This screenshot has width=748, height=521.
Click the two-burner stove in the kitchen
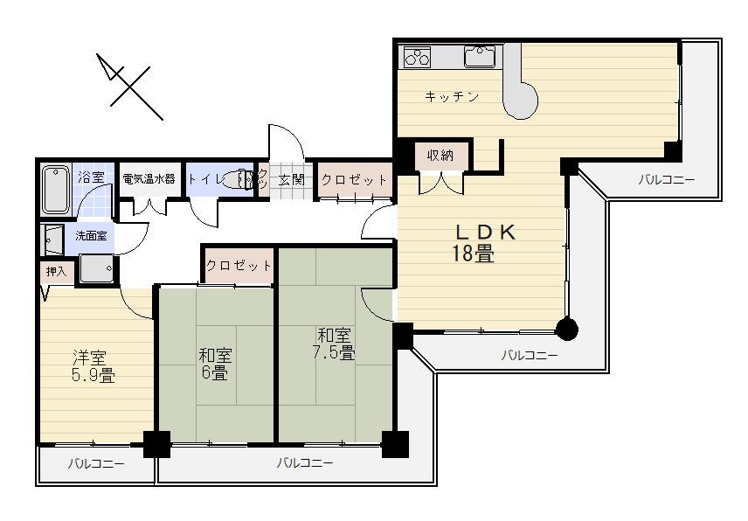pyautogui.click(x=417, y=59)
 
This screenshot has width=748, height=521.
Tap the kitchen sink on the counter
pyautogui.click(x=480, y=58)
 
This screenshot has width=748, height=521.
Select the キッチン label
pyautogui.click(x=451, y=96)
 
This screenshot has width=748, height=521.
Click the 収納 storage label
pyautogui.click(x=440, y=156)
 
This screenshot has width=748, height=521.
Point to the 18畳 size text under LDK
pyautogui.click(x=473, y=254)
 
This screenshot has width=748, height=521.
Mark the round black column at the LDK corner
pyautogui.click(x=567, y=329)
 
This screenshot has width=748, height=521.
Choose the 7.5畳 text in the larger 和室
pyautogui.click(x=335, y=353)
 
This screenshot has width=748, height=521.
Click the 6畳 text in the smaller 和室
pyautogui.click(x=214, y=373)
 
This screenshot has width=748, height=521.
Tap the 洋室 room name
pyautogui.click(x=88, y=357)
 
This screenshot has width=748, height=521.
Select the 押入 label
pyautogui.click(x=56, y=272)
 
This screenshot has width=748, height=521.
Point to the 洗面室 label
pyautogui.click(x=90, y=236)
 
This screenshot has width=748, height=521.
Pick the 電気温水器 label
pyautogui.click(x=148, y=178)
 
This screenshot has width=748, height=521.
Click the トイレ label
pyautogui.click(x=205, y=179)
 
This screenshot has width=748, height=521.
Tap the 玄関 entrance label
pyautogui.click(x=291, y=180)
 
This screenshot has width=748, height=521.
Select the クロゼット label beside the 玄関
pyautogui.click(x=353, y=180)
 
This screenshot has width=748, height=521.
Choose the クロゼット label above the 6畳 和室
pyautogui.click(x=239, y=265)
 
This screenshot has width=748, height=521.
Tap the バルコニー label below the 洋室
pyautogui.click(x=95, y=463)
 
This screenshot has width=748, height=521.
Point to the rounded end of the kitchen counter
pyautogui.click(x=521, y=101)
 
